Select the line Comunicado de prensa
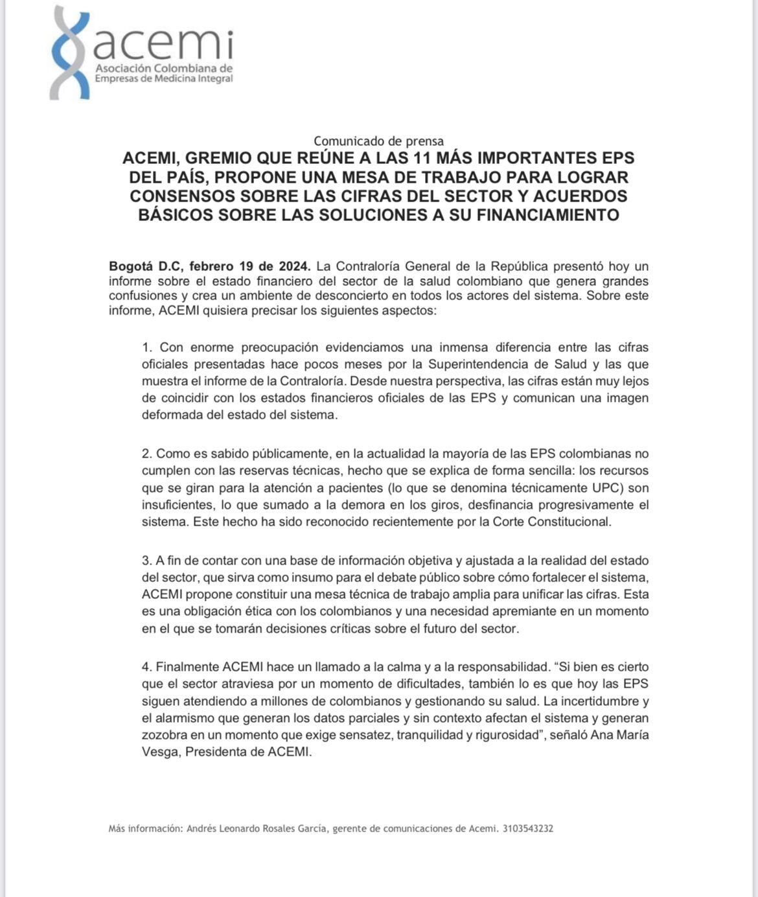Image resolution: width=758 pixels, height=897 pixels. pos(378,141)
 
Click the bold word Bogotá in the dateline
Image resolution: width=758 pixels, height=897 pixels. pos(131,266)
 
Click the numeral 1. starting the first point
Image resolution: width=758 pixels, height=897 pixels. pos(147,347)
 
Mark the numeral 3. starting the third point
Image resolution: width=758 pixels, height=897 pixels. pos(147,561)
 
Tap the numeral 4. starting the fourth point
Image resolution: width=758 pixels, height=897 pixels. pos(147,667)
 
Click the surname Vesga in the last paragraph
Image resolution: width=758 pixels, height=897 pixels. pos(159,752)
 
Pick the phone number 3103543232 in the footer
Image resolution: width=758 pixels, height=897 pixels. pos(527,828)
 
